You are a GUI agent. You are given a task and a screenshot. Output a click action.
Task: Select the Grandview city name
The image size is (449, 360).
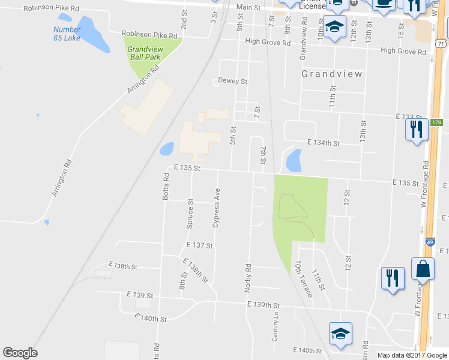pos(332,74)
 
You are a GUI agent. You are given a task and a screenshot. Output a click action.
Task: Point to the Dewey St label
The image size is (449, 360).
pos(232,81)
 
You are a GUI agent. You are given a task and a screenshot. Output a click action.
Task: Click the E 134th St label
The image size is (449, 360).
pos(324,143)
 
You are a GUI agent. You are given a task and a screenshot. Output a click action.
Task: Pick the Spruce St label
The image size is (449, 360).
pos(190,214)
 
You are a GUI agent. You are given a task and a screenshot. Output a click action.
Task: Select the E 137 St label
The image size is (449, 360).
pos(200,245)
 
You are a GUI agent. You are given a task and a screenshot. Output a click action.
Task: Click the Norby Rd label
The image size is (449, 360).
pos(247,278)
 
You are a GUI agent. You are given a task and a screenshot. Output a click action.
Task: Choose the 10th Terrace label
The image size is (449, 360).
pos(303,279)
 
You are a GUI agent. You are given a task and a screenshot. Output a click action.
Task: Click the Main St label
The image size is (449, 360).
pos(248,8)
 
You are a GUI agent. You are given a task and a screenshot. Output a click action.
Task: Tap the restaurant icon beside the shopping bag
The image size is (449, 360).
pos(393,278)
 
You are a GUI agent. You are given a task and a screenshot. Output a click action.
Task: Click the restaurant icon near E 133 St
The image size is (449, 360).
pos(416,130)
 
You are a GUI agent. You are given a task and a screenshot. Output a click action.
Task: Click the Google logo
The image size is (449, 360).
pos(20,353)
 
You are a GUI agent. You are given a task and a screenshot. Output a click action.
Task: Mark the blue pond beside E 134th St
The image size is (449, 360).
pos(294,160)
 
